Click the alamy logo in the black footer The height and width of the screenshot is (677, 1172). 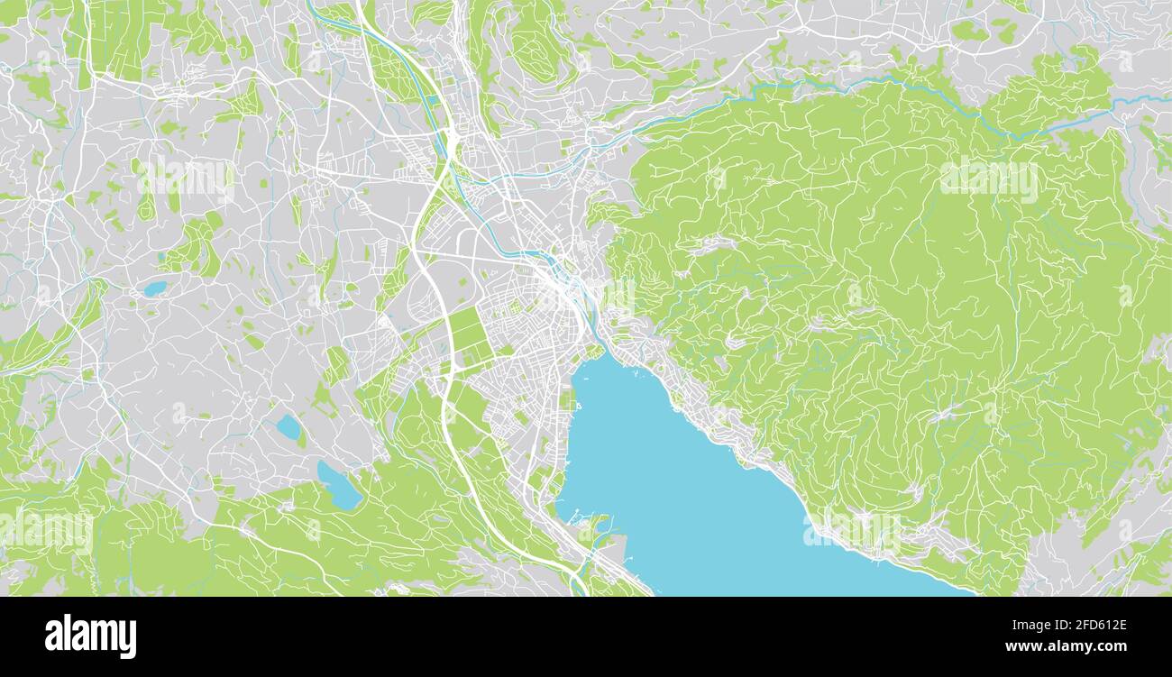click(90, 636)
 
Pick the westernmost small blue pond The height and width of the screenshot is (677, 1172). click(155, 288)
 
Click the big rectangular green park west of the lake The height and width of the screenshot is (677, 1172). click(468, 335)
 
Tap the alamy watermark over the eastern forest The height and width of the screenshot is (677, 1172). click(988, 178)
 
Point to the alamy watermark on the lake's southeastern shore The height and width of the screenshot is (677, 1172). click(852, 530)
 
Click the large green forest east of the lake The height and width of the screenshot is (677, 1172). click(902, 316)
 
